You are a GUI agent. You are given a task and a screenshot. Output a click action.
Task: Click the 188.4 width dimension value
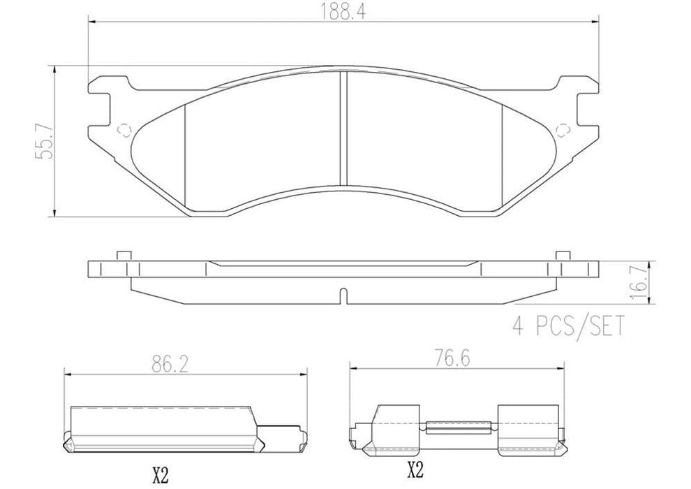coord(344,10)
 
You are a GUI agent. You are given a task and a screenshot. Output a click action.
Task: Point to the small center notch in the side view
coord(342,295)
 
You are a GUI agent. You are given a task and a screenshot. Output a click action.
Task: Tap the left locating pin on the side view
coord(124,256)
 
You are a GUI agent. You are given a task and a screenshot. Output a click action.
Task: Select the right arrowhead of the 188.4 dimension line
coord(595,22)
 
